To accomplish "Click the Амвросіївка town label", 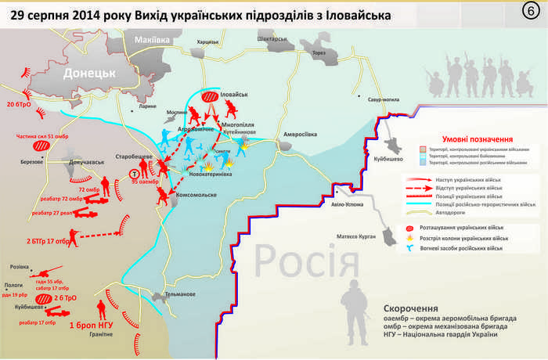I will (x=300, y=134).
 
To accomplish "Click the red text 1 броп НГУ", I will (x=93, y=322).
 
